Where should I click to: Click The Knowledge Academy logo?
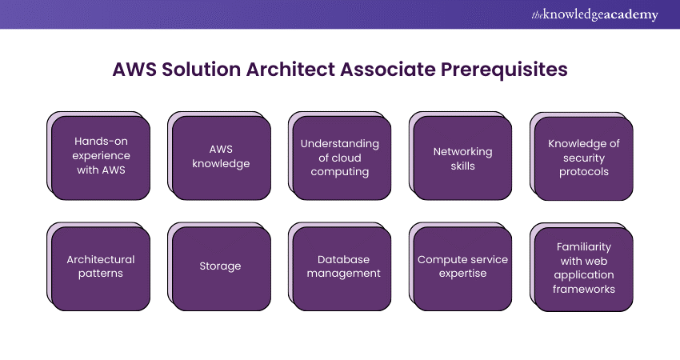click(594, 14)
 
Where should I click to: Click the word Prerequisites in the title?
click(504, 70)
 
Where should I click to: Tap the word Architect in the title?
click(290, 70)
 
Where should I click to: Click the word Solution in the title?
click(202, 70)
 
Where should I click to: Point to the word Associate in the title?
click(388, 70)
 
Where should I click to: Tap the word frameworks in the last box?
click(584, 289)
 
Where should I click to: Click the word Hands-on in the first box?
click(101, 141)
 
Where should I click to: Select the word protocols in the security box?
click(584, 172)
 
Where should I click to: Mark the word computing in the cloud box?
click(340, 172)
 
